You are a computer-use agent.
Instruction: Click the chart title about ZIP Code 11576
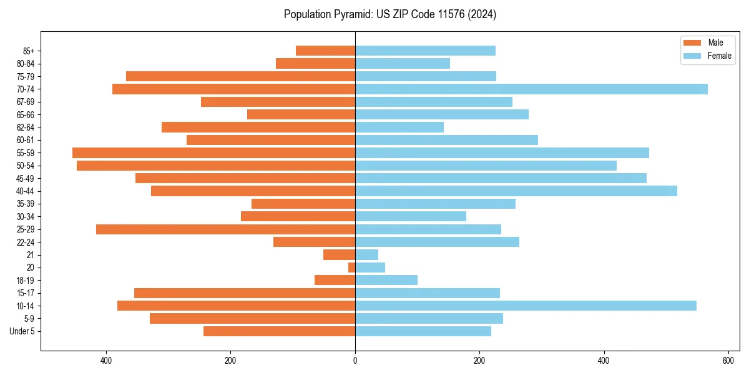coord(389,14)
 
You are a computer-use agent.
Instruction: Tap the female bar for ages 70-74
coord(531,89)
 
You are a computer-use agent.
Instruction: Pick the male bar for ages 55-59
coord(213,153)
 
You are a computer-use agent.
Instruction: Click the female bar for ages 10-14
coord(526,306)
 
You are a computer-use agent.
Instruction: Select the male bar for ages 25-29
coord(225,229)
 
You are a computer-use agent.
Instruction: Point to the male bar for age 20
coord(351,267)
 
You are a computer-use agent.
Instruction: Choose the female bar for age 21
coord(366,255)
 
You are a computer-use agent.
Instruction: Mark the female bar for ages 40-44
coord(516,191)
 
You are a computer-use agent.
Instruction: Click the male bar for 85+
coord(325,51)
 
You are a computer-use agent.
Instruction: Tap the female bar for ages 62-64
coord(399,127)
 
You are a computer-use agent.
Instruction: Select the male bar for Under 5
coord(279,331)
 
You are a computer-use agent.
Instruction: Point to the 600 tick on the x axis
coord(728,361)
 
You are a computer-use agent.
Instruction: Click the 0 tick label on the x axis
coord(355,361)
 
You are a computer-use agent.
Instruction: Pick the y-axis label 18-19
coord(26,281)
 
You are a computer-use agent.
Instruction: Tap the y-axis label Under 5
coord(22,331)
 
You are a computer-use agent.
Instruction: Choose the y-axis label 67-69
coord(26,102)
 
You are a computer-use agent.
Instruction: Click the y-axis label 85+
coord(29,51)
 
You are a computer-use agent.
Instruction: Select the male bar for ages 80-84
coord(315,64)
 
